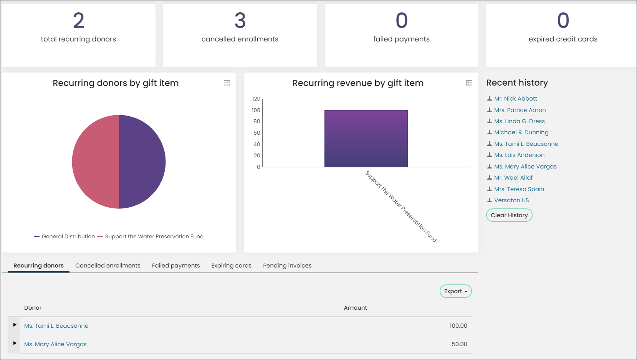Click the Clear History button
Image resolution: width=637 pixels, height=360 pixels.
tap(509, 215)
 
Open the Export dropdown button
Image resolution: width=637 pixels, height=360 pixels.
tap(455, 291)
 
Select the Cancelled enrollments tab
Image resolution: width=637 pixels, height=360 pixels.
tap(108, 266)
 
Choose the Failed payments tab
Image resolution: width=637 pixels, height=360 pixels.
tap(176, 266)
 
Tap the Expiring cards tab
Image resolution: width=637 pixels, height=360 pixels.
tap(231, 266)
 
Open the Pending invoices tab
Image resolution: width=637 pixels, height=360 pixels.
tap(287, 266)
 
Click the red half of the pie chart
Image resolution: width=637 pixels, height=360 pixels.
tap(95, 162)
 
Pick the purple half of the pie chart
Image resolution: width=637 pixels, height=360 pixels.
tap(142, 162)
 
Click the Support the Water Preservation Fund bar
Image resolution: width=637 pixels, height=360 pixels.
tap(366, 139)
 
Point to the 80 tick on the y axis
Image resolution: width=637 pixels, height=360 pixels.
tap(256, 121)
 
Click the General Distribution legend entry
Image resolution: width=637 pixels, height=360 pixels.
tap(64, 236)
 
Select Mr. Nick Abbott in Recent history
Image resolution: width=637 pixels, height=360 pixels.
tap(515, 99)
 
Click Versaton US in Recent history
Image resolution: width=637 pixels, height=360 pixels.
tap(511, 200)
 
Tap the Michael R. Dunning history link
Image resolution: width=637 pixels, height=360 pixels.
tap(521, 132)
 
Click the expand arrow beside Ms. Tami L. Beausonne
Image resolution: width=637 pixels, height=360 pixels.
tap(15, 325)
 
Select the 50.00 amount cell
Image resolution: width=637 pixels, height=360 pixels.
tap(459, 344)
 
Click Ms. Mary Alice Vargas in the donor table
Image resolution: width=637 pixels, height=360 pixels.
tap(55, 344)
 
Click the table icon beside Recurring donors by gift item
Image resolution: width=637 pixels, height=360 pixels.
tap(227, 83)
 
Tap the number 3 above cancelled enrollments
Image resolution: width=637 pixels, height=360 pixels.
tap(240, 20)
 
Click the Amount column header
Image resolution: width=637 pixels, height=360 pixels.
tap(355, 308)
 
